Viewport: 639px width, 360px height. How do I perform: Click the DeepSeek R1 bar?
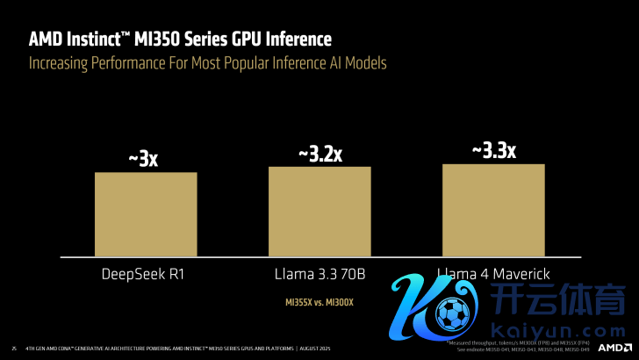pos(146,213)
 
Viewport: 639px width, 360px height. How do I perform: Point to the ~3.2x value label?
pos(319,154)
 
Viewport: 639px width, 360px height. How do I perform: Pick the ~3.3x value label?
pos(493,150)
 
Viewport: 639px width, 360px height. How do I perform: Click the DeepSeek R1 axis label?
pos(146,275)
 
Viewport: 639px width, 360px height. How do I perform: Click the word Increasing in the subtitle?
pos(62,63)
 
